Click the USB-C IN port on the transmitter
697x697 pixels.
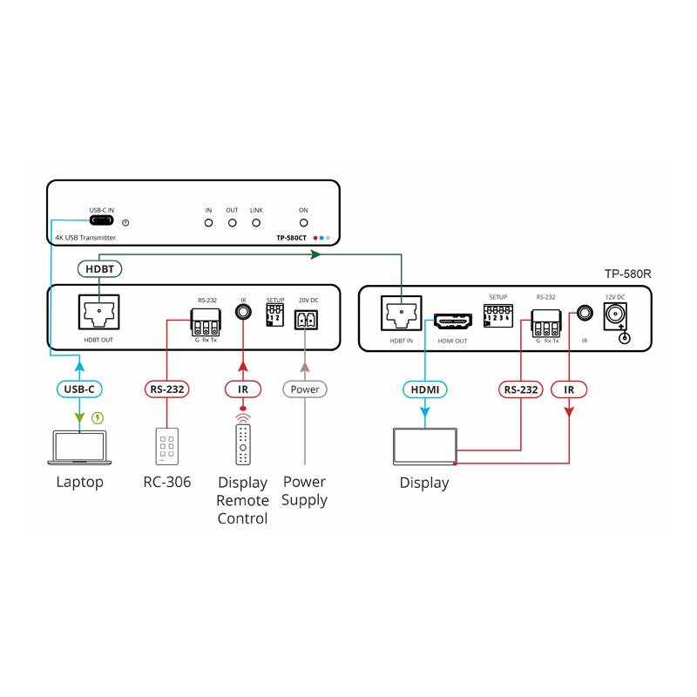(x=101, y=222)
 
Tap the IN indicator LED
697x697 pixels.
(x=208, y=223)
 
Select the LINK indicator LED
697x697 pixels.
(x=256, y=223)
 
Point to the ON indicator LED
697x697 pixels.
(x=303, y=223)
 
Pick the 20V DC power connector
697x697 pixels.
(x=303, y=321)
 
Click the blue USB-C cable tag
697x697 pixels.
(x=79, y=389)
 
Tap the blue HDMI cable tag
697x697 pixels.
(x=424, y=389)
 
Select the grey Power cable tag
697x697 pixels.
(x=304, y=389)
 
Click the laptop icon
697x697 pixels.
(x=80, y=447)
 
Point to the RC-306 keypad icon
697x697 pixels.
(x=167, y=446)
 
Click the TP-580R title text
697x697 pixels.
(x=627, y=274)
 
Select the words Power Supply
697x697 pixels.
(x=304, y=491)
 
